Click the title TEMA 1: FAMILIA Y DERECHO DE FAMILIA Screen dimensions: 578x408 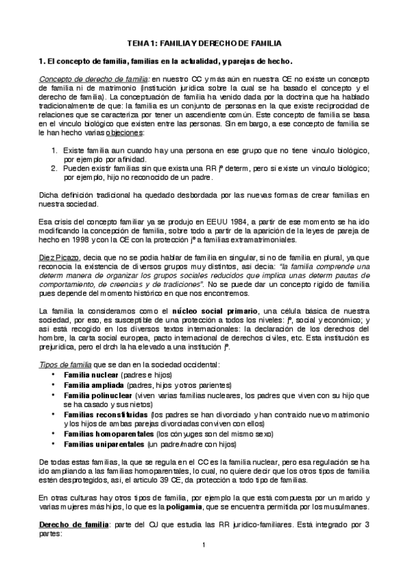tap(204, 42)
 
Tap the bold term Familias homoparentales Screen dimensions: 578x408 tap(108, 432)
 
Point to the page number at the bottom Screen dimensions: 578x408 tap(204, 545)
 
